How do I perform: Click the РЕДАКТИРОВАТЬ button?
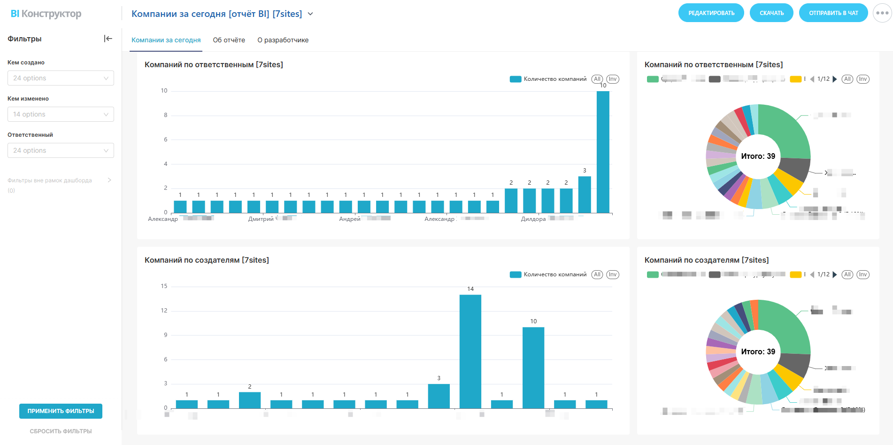tap(711, 13)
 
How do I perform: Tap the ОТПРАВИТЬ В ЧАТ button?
tap(833, 13)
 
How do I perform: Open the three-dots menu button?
tap(882, 13)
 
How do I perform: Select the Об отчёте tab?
tap(229, 40)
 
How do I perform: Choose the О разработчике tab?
tap(283, 40)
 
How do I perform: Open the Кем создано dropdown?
tap(61, 78)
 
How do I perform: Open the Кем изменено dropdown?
tap(61, 114)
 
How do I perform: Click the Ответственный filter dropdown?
tap(61, 150)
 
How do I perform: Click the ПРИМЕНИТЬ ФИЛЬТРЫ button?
tap(61, 411)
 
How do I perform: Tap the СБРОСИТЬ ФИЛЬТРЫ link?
tap(61, 431)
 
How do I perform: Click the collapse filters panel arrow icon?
tap(108, 39)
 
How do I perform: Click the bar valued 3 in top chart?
tap(585, 195)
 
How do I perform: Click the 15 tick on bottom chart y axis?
tap(164, 286)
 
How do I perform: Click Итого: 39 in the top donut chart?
tap(758, 156)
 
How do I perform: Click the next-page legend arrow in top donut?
tap(835, 79)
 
